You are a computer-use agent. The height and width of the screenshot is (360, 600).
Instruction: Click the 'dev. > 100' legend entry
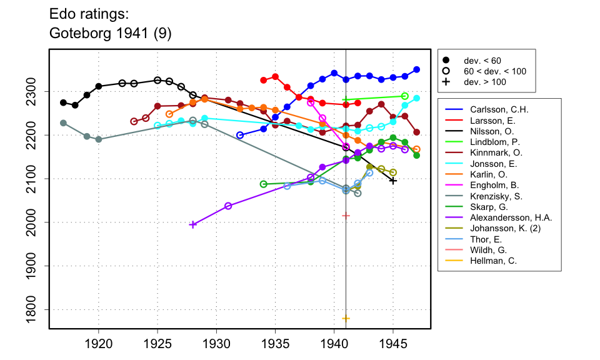click(485, 82)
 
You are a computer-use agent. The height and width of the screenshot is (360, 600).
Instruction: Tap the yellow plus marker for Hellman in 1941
click(346, 318)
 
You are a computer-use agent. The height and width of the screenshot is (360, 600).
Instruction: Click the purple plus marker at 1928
click(192, 224)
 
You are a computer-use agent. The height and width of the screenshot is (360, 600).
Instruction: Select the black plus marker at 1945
click(393, 181)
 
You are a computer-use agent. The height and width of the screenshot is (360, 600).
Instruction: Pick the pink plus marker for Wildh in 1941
click(346, 216)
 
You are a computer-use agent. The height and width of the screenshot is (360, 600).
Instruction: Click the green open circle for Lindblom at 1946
click(405, 96)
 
